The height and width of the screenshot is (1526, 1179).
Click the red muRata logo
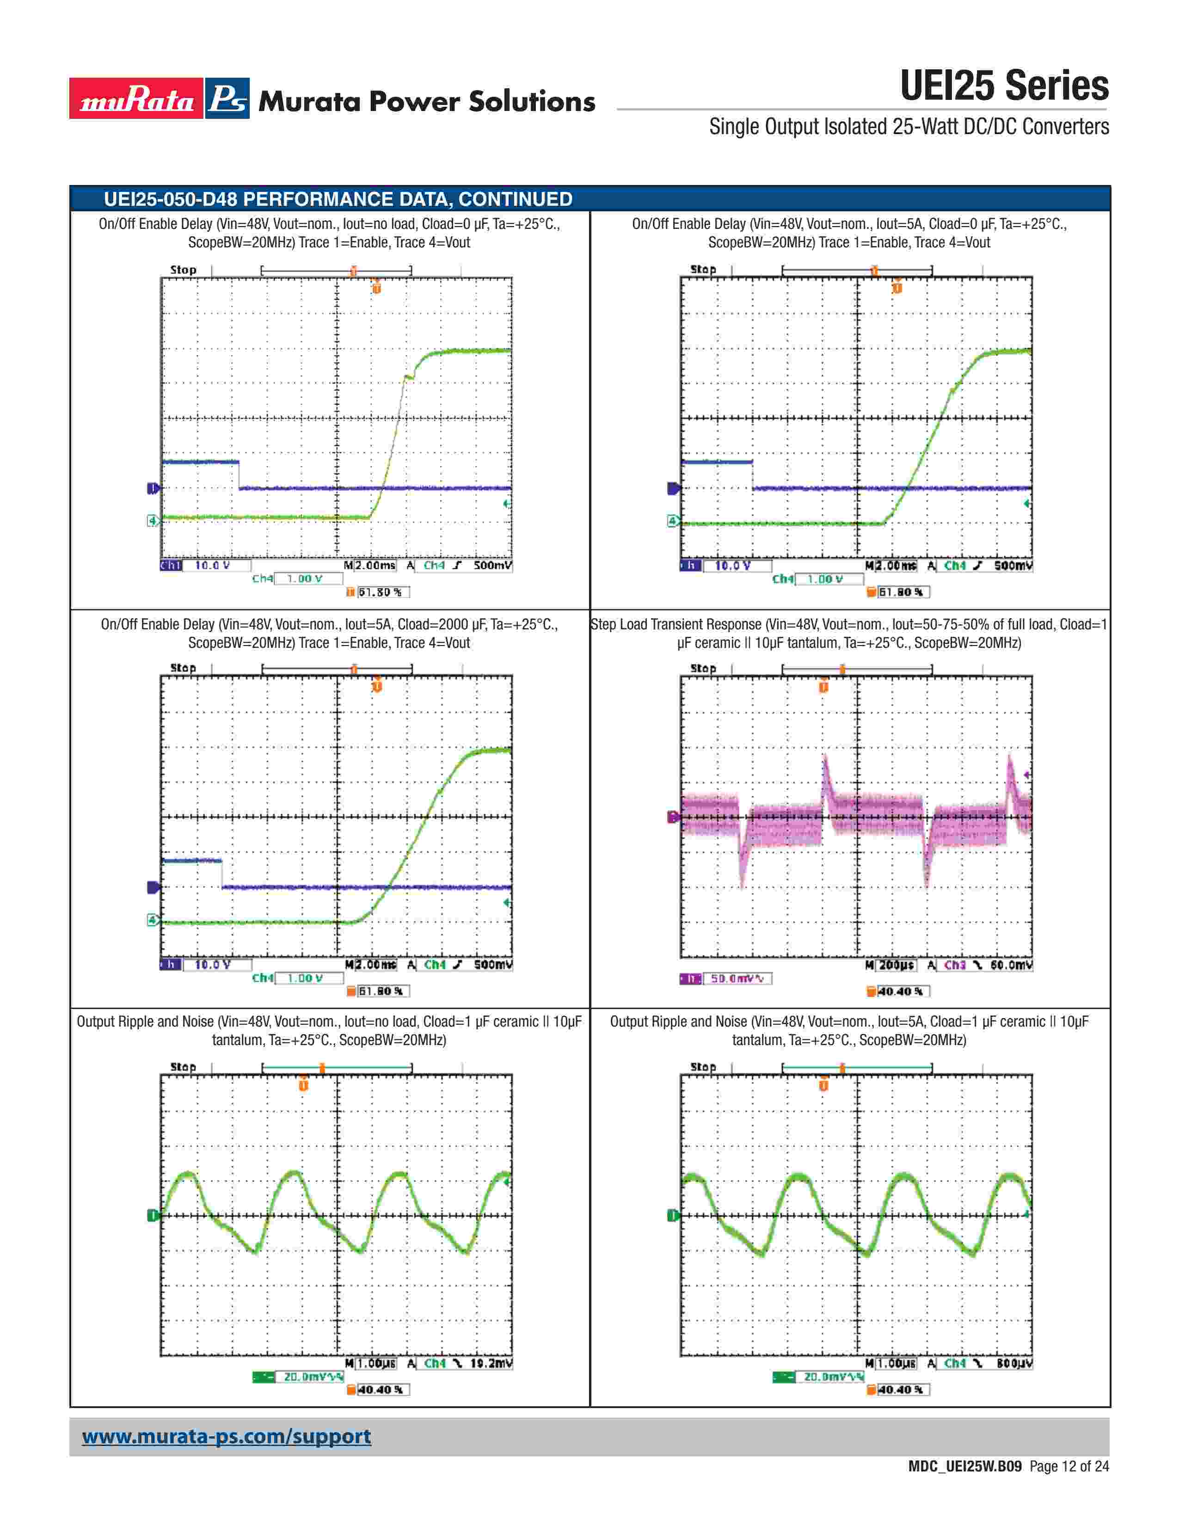[136, 98]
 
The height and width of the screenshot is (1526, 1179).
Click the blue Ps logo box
[227, 98]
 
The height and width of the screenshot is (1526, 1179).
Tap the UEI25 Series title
[1004, 86]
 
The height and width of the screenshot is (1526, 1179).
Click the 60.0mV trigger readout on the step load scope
[1011, 965]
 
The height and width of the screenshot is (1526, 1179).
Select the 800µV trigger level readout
[1011, 1363]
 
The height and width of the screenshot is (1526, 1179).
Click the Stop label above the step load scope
[703, 668]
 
